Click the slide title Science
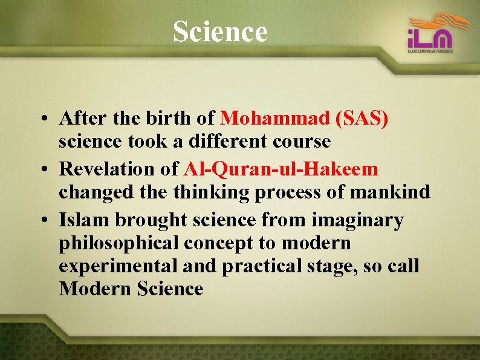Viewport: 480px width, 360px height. point(219,31)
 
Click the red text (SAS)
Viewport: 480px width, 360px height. point(361,118)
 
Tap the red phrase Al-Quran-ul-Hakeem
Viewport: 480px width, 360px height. point(281,168)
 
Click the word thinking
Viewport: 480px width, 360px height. point(211,192)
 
